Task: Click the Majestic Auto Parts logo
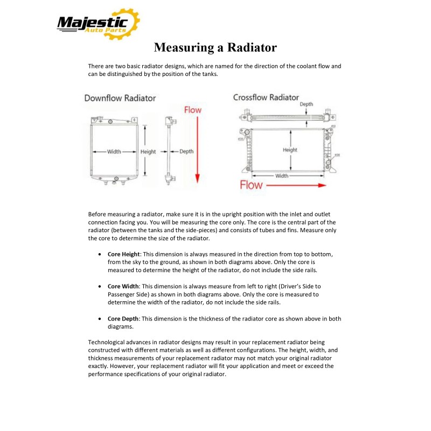point(98,24)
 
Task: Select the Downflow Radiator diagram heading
point(120,98)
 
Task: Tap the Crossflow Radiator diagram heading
point(266,98)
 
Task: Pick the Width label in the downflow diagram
point(114,152)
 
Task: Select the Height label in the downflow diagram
point(148,152)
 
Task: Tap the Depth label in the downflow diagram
point(186,152)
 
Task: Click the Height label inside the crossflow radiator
point(290,150)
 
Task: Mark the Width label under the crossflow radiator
point(281,176)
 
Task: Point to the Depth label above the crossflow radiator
point(306,105)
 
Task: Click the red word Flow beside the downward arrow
point(193,110)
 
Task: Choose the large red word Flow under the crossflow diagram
point(251,185)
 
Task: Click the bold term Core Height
point(124,253)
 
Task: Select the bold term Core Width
point(123,286)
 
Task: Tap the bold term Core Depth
point(123,319)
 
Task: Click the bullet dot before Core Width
point(101,286)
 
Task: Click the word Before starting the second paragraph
point(98,214)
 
